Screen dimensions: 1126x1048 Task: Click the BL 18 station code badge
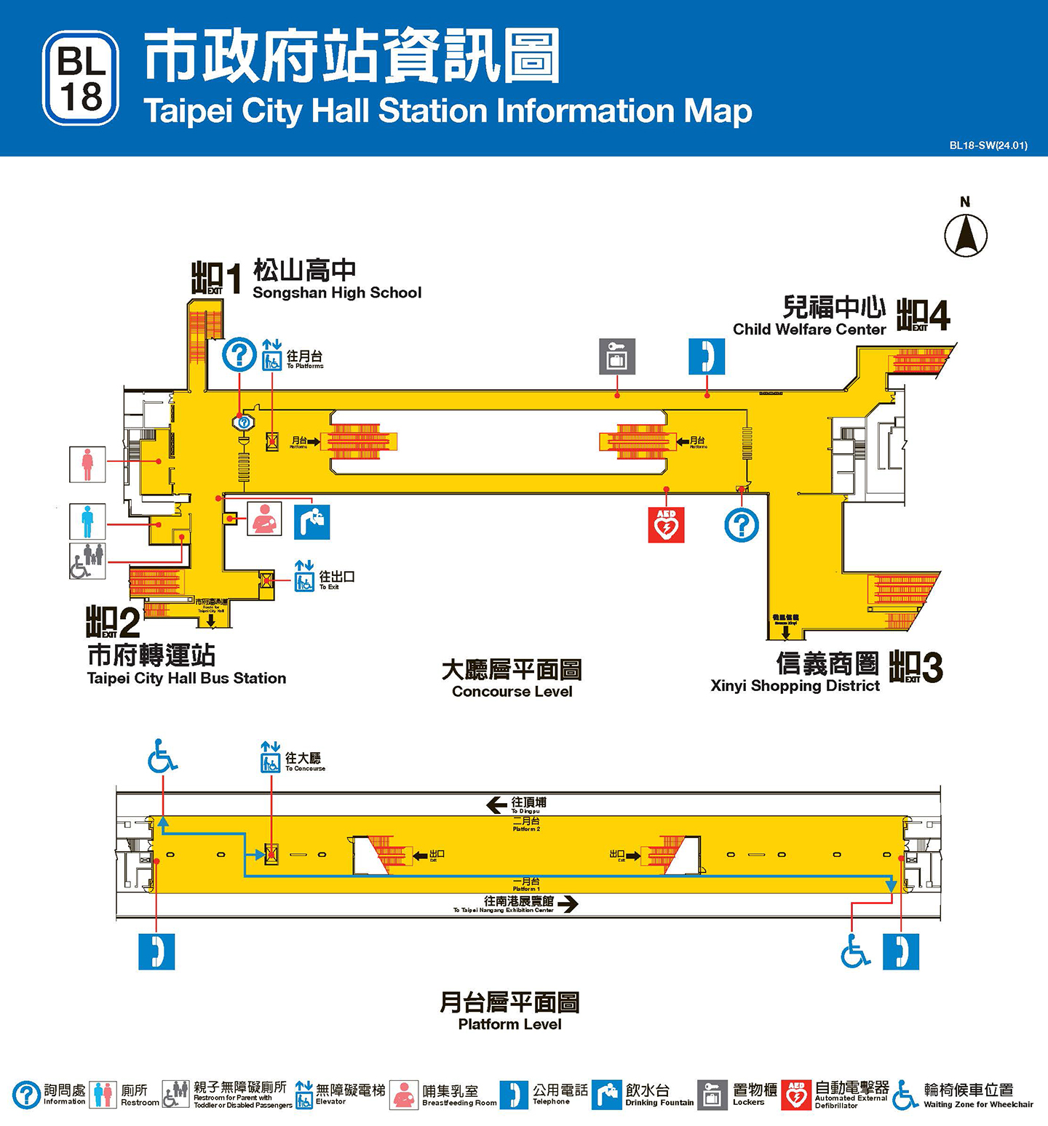tap(81, 78)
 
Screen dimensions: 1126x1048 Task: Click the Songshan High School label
tap(337, 292)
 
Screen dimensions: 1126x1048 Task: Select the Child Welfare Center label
tap(809, 329)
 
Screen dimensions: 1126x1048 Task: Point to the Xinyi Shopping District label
tap(795, 685)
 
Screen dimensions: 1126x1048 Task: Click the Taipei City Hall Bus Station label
tap(186, 678)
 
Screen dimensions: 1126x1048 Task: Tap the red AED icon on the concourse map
tap(666, 524)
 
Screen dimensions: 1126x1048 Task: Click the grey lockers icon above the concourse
tap(617, 356)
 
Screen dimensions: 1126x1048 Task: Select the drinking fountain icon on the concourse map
tap(311, 522)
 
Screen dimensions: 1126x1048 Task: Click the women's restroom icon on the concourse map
tap(87, 464)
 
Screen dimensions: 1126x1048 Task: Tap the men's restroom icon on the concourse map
tap(87, 521)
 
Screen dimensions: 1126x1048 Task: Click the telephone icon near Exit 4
tap(707, 356)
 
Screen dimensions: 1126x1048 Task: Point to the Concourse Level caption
tap(512, 691)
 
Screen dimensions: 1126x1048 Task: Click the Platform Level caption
tap(509, 1024)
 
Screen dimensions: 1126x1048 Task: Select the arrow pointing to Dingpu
tap(497, 804)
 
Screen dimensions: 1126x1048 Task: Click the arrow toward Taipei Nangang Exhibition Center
tap(568, 904)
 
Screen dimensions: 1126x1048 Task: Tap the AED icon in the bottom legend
tap(796, 1095)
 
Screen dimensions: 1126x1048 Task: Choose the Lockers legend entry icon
tap(712, 1095)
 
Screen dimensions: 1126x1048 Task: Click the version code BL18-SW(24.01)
tap(988, 145)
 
